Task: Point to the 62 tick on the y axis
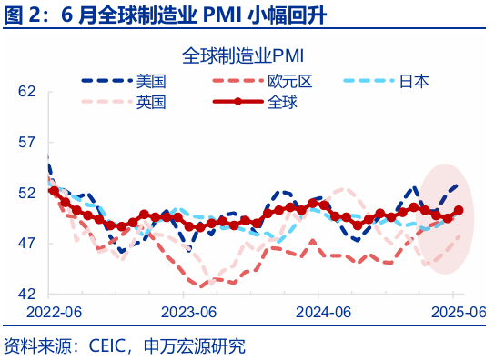pyautogui.click(x=26, y=92)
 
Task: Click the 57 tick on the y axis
pyautogui.click(x=26, y=143)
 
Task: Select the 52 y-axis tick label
pyautogui.click(x=26, y=193)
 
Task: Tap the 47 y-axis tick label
pyautogui.click(x=26, y=244)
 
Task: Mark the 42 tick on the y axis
pyautogui.click(x=26, y=295)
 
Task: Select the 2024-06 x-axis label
pyautogui.click(x=319, y=312)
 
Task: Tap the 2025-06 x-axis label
pyautogui.click(x=454, y=312)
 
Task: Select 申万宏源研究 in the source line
pyautogui.click(x=197, y=345)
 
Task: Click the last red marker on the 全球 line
pyautogui.click(x=459, y=210)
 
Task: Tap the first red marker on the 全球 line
pyautogui.click(x=54, y=191)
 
